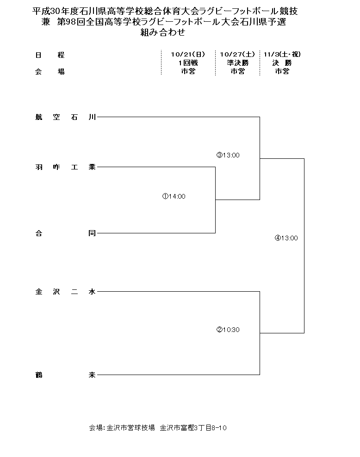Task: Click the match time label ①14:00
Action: pyautogui.click(x=174, y=196)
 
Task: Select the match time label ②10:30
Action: pyautogui.click(x=228, y=330)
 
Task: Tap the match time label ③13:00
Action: pyautogui.click(x=228, y=155)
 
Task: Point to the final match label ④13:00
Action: pyautogui.click(x=286, y=238)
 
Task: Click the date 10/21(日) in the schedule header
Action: pyautogui.click(x=188, y=55)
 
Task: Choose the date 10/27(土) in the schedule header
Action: pyautogui.click(x=238, y=55)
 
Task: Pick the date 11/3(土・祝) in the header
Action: pyautogui.click(x=282, y=55)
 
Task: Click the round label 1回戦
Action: pyautogui.click(x=188, y=63)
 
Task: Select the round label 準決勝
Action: pyautogui.click(x=238, y=63)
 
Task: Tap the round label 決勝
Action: pyautogui.click(x=282, y=63)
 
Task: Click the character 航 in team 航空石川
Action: pyautogui.click(x=38, y=117)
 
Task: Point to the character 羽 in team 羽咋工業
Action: pyautogui.click(x=38, y=167)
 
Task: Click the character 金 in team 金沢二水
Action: pyautogui.click(x=38, y=292)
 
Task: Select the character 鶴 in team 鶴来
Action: pyautogui.click(x=38, y=375)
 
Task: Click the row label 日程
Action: pyautogui.click(x=50, y=55)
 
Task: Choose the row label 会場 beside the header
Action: pyautogui.click(x=50, y=71)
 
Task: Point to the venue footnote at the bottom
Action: pyautogui.click(x=157, y=428)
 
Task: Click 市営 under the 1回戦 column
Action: pyautogui.click(x=188, y=71)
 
